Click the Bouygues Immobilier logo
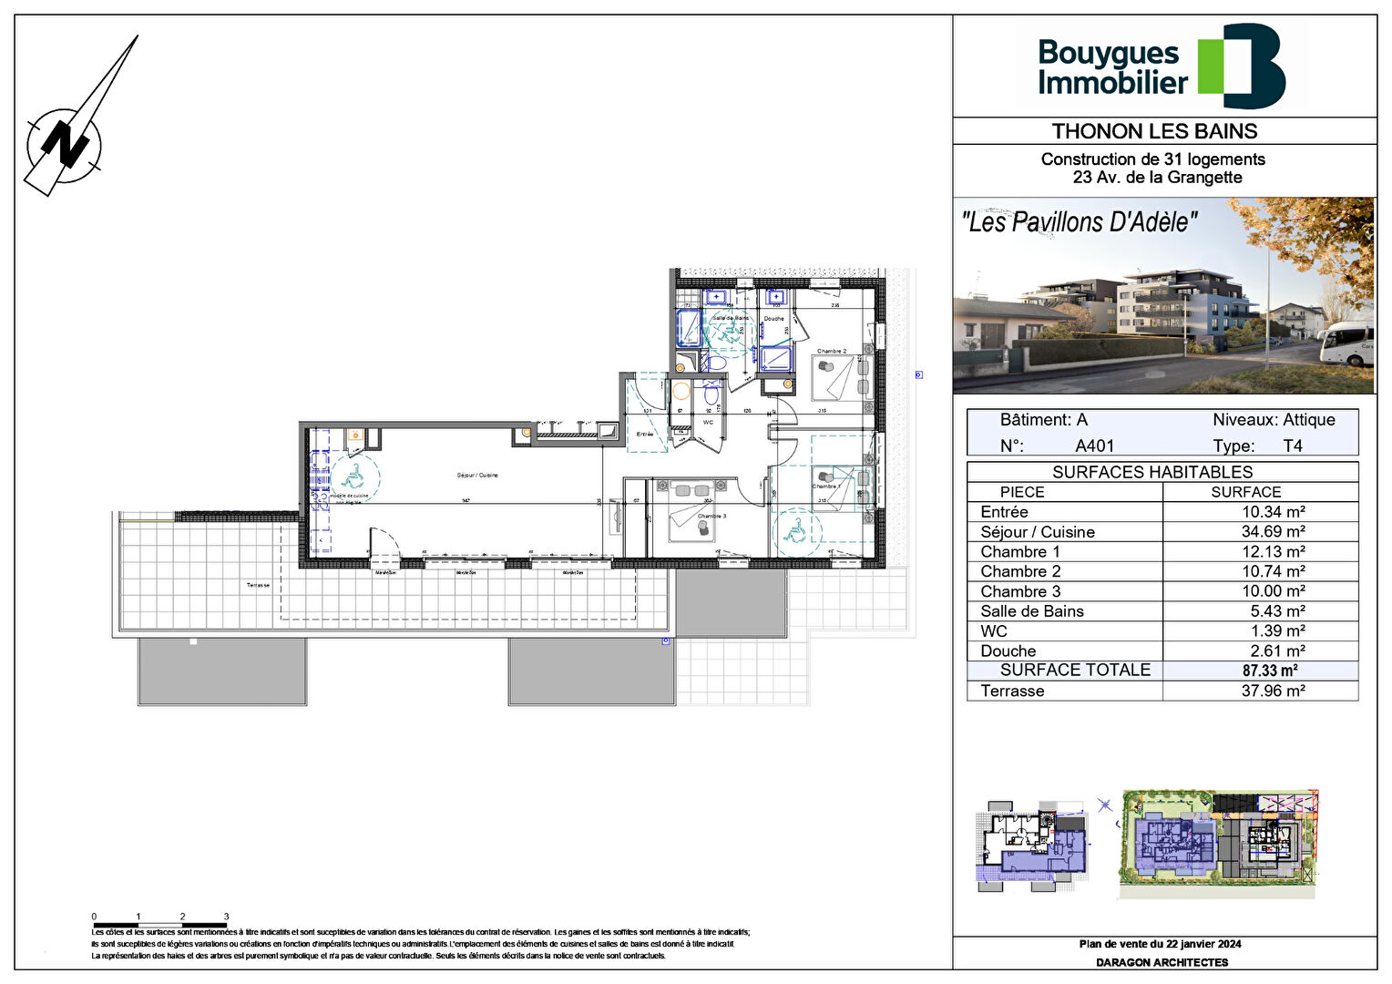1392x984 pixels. [x=1161, y=67]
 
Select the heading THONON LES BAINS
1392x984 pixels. [x=1154, y=131]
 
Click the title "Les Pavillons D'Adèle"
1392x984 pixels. [x=1080, y=221]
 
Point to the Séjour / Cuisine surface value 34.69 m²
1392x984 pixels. [x=1273, y=532]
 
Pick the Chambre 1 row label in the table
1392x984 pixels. [x=1019, y=552]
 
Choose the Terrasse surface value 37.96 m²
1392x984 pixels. [x=1273, y=691]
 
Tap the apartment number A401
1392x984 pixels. [x=1094, y=446]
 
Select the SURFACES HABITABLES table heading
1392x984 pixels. [x=1151, y=472]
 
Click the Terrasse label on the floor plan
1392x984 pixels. [x=258, y=585]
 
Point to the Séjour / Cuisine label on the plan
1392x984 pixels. [x=477, y=476]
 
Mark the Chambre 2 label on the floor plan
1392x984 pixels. [x=831, y=351]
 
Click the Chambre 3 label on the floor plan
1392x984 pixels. [x=711, y=516]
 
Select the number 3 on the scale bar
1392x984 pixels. [x=226, y=917]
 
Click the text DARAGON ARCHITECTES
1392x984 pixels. [x=1162, y=962]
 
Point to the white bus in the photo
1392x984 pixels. [x=1347, y=345]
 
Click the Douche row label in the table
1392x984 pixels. [x=1008, y=651]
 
